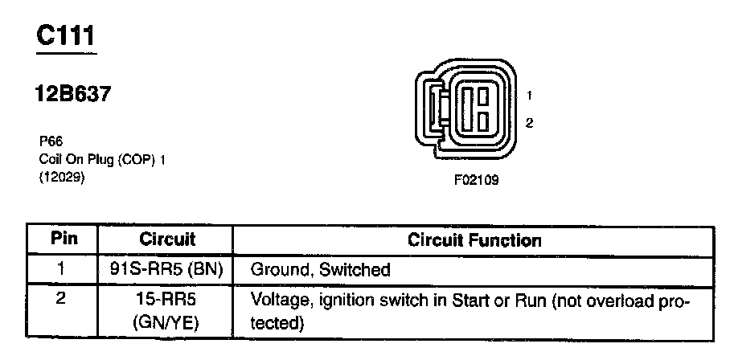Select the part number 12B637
click(72, 95)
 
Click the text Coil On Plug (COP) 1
click(102, 158)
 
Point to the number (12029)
click(62, 178)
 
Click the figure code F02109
click(476, 180)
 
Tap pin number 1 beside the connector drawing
click(529, 96)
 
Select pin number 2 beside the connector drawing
click(529, 123)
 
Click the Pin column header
click(64, 239)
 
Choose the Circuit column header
click(167, 239)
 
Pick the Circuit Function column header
click(474, 239)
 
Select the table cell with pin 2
click(63, 300)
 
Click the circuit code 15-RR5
click(166, 300)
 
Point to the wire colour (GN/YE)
click(166, 324)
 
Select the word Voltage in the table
click(277, 301)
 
